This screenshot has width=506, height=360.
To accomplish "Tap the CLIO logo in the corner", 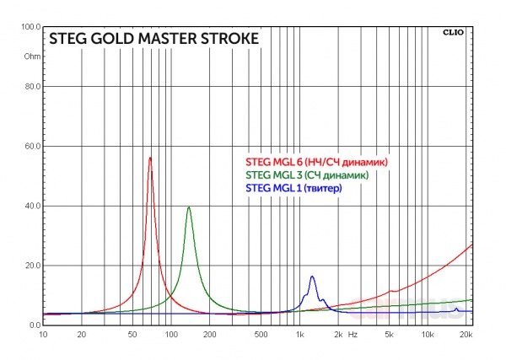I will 454,34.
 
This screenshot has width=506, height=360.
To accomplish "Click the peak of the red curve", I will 150,158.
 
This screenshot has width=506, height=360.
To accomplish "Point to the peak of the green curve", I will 189,207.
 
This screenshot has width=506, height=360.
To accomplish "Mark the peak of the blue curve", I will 312,277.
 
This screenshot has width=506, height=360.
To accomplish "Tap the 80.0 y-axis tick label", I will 31,87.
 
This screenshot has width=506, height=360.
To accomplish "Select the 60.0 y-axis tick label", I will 31,147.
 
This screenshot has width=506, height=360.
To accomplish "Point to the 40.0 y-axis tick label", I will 31,206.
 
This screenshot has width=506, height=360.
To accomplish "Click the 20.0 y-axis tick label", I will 31,266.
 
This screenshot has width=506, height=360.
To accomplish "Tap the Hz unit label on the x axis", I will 353,335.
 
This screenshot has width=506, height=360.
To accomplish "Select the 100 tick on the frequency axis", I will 171,335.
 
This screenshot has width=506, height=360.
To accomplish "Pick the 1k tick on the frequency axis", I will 299,335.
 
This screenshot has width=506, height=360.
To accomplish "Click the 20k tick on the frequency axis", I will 466,335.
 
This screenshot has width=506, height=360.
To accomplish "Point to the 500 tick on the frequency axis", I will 261,335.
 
